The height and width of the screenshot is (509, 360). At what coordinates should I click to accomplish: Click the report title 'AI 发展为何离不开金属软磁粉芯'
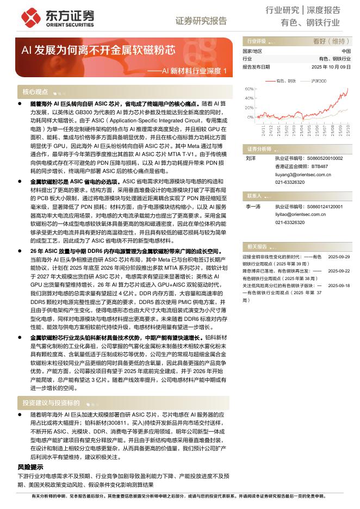pyautogui.click(x=98, y=50)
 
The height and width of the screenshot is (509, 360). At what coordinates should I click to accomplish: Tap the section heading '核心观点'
pyautogui.click(x=35, y=92)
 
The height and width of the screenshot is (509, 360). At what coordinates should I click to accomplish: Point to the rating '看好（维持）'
pyautogui.click(x=331, y=41)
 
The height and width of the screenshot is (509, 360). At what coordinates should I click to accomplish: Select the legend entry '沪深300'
pyautogui.click(x=319, y=80)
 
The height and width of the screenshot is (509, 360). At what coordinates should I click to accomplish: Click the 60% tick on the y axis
pyautogui.click(x=249, y=88)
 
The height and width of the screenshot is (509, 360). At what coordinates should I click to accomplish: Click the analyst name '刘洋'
pyautogui.click(x=251, y=158)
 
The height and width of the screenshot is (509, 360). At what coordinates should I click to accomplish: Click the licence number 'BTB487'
pyautogui.click(x=320, y=166)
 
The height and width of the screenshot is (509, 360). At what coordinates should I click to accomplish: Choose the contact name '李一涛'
pyautogui.click(x=253, y=207)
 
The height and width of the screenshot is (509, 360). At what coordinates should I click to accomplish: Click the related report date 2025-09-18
pyautogui.click(x=339, y=285)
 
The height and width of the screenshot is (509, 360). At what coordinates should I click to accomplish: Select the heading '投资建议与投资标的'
pyautogui.click(x=48, y=403)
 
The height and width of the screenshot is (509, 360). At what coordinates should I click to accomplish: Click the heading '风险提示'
pyautogui.click(x=30, y=467)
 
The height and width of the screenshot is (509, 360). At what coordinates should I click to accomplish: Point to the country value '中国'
pyautogui.click(x=346, y=51)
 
